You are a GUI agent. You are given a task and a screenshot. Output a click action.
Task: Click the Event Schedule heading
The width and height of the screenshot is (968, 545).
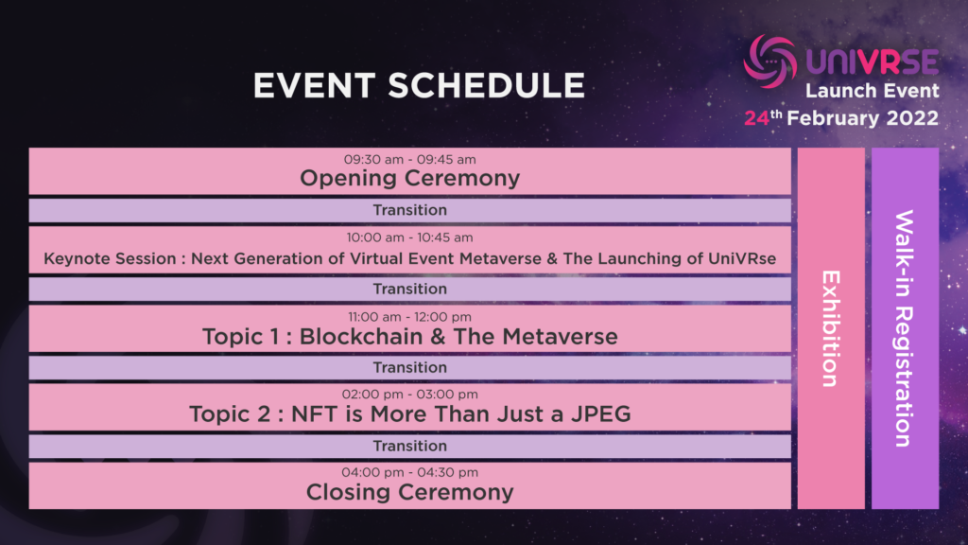point(419,85)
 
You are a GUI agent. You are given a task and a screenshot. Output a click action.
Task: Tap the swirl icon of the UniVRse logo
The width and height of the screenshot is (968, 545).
point(769,61)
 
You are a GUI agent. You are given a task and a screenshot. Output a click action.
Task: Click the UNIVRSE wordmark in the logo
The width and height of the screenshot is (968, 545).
point(873,62)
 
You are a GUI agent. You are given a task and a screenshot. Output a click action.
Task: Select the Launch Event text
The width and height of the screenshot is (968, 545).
point(872,91)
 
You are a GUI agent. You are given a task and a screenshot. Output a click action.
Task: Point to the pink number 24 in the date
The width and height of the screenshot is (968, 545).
point(756,118)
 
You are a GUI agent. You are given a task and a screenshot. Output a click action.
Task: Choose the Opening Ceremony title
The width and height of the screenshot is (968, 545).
point(410,179)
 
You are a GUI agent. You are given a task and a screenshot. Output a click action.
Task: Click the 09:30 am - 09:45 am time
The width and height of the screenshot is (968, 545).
point(410,159)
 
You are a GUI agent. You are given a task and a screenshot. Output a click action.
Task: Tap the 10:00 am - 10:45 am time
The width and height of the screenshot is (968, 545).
point(410,237)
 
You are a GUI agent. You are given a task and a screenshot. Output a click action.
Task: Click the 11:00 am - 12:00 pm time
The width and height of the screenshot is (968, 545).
point(410,317)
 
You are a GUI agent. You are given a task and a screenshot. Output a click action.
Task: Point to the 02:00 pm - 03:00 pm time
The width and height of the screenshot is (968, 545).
point(410,395)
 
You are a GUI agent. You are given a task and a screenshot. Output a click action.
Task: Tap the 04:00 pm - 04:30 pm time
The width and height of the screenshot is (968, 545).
point(410,473)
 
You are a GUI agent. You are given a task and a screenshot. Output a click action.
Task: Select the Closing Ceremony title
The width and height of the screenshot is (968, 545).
point(410,492)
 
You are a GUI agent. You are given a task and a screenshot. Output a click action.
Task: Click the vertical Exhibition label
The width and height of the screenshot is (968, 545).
point(831,328)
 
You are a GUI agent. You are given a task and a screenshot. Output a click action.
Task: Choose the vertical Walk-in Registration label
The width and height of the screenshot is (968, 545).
point(905,328)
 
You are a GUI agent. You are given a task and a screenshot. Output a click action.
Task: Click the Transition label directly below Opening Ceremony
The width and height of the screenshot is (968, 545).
point(410,210)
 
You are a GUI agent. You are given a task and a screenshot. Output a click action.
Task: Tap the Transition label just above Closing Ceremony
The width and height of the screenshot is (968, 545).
point(410,447)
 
